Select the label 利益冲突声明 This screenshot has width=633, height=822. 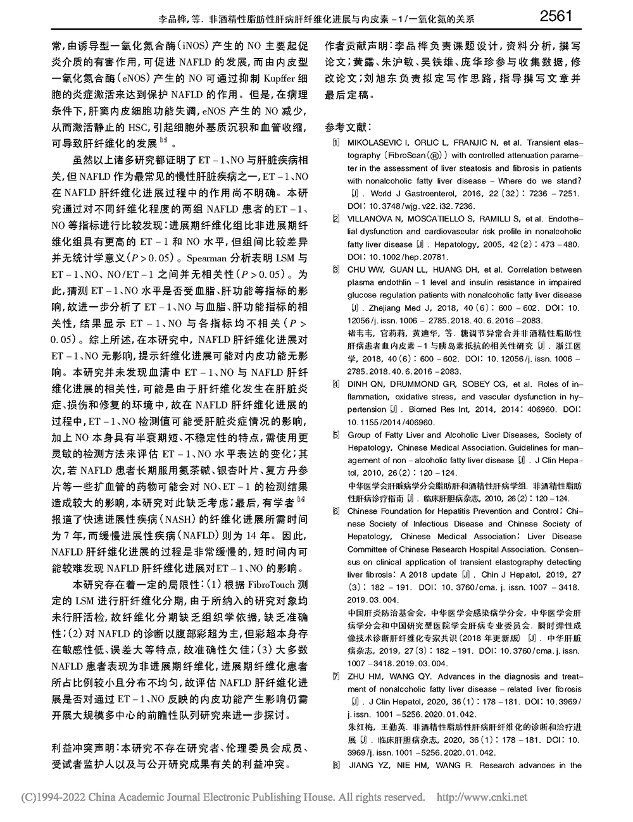coord(80,747)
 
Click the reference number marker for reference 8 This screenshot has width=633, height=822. coord(335,765)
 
